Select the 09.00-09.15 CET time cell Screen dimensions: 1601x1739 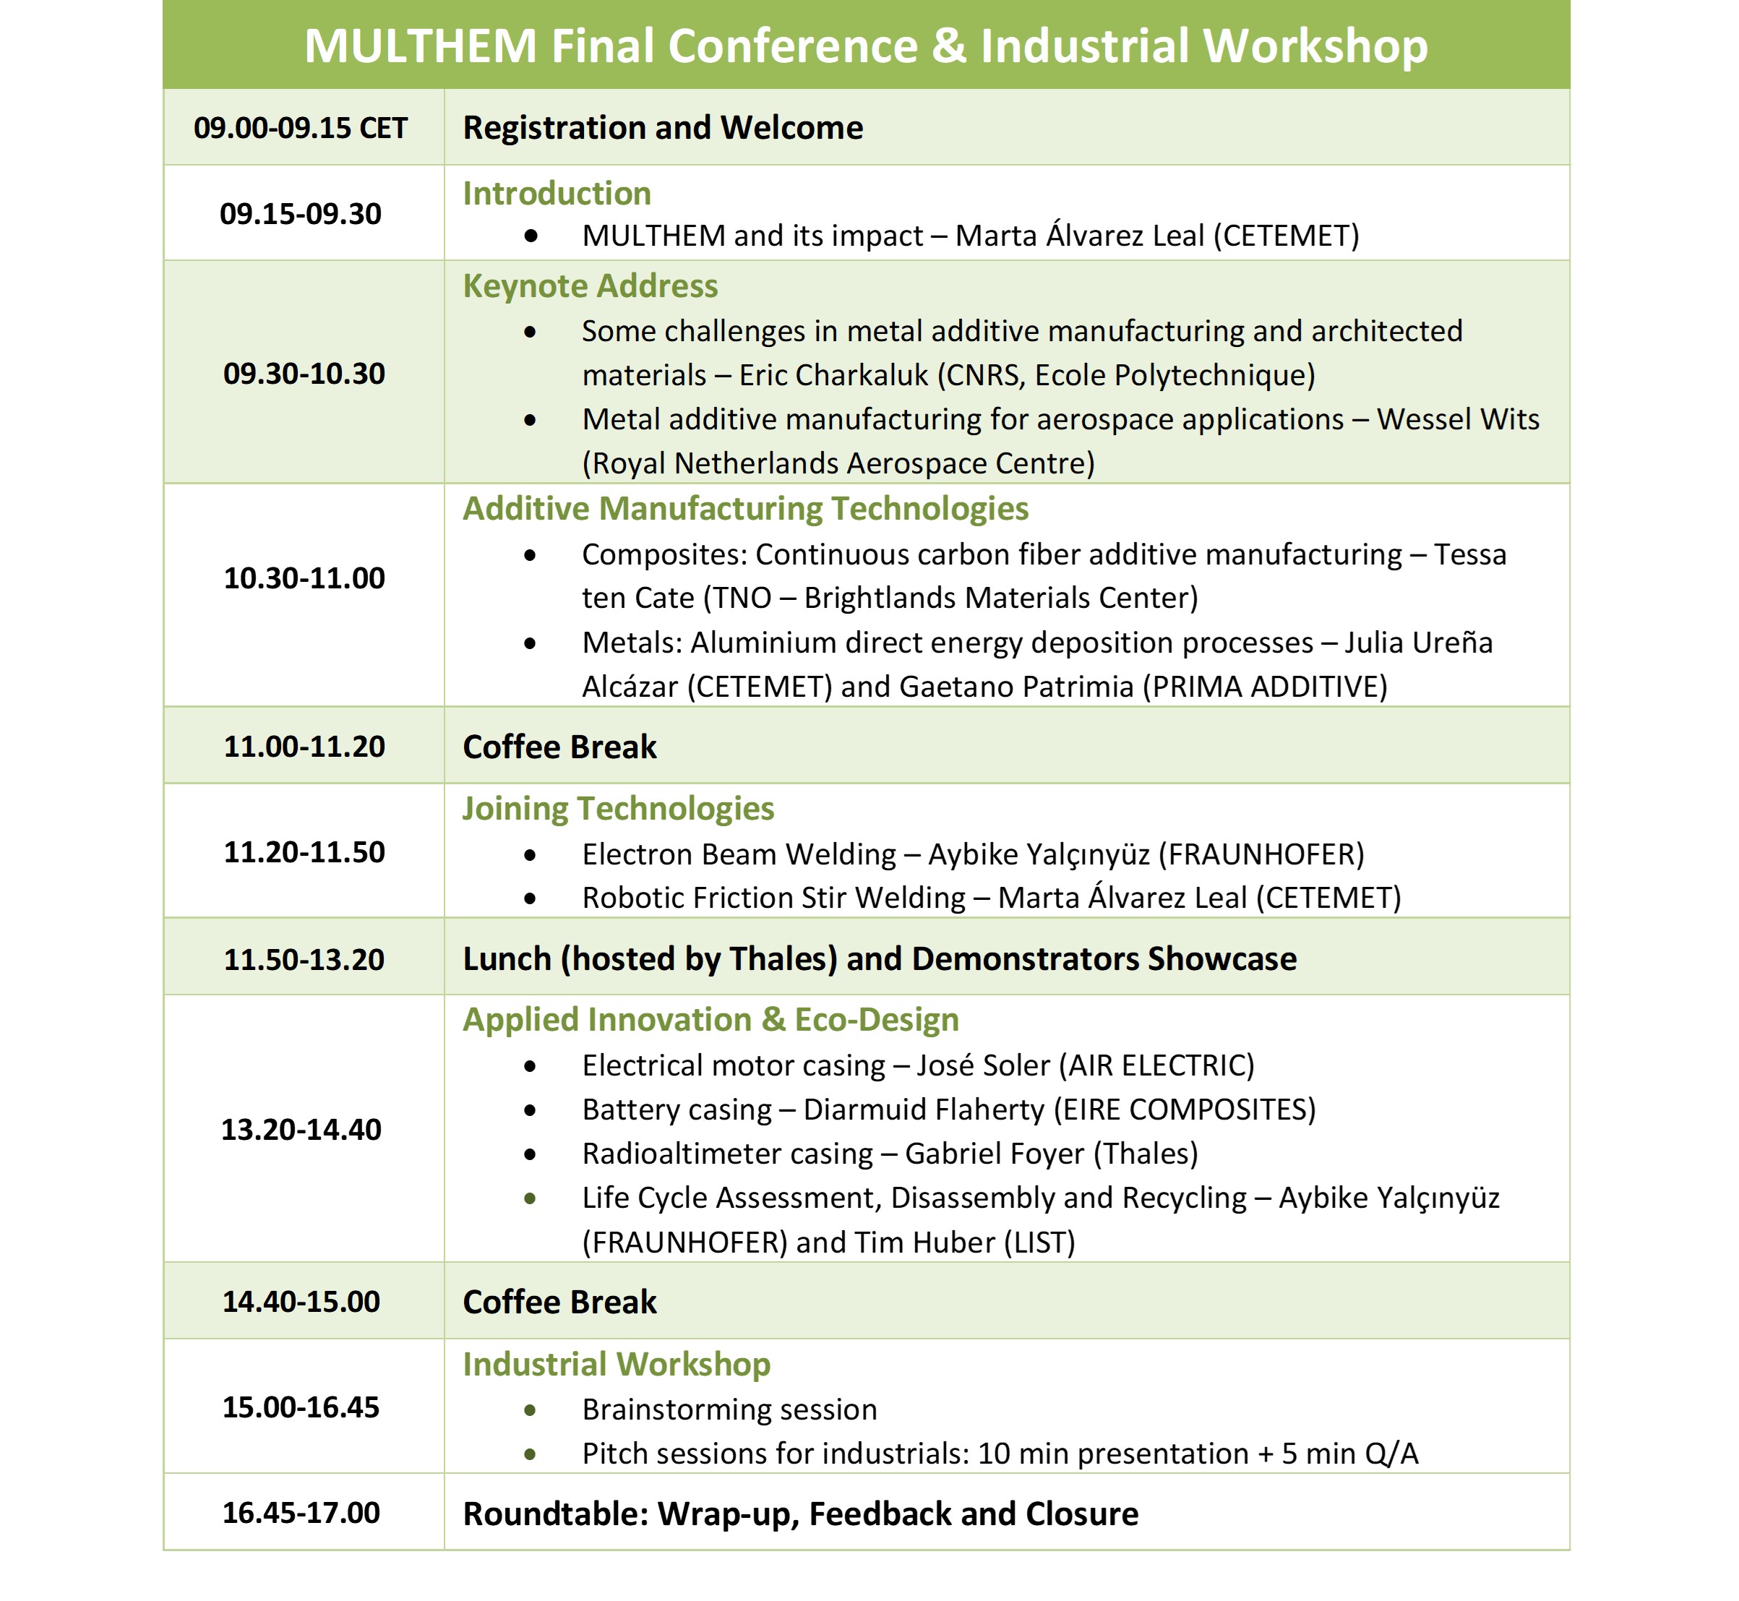click(301, 128)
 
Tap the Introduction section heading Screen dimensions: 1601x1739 click(557, 193)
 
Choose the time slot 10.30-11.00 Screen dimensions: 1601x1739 click(304, 578)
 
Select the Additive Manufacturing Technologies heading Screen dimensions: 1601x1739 click(745, 509)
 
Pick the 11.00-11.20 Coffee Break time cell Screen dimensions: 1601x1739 click(304, 747)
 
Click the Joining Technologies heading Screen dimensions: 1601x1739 click(618, 808)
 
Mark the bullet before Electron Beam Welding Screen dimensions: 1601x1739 click(531, 855)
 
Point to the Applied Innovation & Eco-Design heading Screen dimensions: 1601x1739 click(710, 1020)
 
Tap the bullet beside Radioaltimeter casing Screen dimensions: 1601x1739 click(531, 1155)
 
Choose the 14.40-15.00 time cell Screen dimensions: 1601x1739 click(301, 1301)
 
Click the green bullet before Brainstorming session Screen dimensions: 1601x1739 click(531, 1410)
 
